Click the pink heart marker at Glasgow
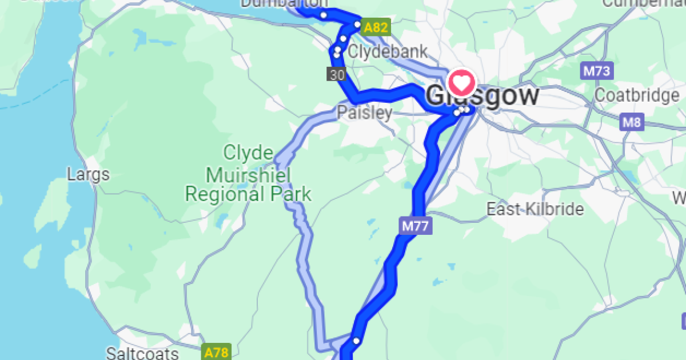pos(462,83)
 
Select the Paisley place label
pos(364,112)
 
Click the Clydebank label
pos(388,51)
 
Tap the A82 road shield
pos(376,27)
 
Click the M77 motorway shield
pos(415,226)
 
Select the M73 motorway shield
pos(597,71)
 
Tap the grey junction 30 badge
pos(337,74)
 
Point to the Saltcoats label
pos(143,352)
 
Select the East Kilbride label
pos(535,209)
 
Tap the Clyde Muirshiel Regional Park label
pos(248,174)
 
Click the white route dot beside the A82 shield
pos(357,25)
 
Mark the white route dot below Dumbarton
pos(324,15)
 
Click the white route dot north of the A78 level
pos(356,341)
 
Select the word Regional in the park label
pos(224,194)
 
